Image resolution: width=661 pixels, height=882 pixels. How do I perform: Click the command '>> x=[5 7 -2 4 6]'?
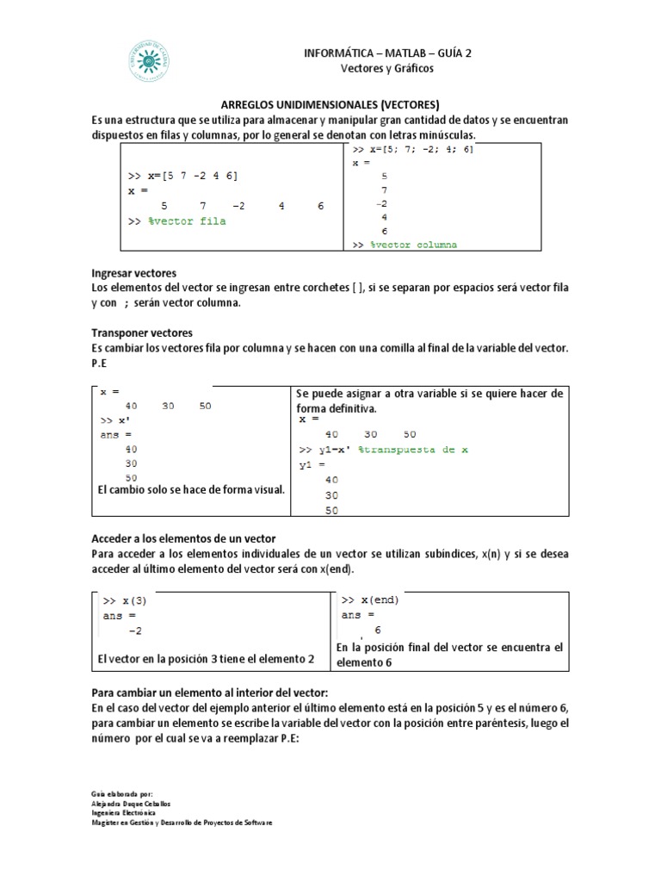[182, 176]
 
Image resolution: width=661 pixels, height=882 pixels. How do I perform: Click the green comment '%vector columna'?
[414, 245]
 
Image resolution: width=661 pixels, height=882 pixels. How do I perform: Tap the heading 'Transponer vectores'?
[142, 332]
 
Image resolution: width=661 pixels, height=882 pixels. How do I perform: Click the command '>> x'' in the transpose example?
[118, 420]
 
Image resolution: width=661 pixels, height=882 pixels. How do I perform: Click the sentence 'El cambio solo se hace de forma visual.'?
[190, 490]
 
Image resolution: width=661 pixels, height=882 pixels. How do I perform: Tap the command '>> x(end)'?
[370, 599]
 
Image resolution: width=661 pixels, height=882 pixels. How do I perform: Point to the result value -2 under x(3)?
[134, 631]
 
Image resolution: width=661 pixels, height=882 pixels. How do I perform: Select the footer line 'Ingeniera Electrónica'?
[123, 811]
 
